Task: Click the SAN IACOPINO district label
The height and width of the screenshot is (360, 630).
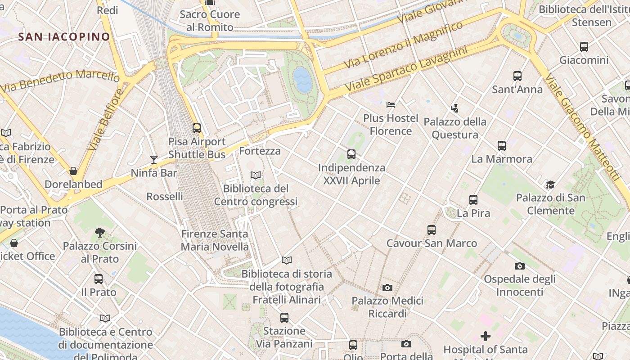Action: pos(64,36)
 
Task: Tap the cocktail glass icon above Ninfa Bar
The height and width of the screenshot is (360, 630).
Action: pos(154,159)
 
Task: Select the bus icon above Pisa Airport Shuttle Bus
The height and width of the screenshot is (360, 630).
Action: pos(197,128)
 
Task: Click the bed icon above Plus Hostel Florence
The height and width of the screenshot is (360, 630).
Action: pos(391,105)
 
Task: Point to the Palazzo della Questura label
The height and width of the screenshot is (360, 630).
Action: pos(455,128)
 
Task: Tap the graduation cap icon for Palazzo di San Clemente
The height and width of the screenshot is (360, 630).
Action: pos(550,184)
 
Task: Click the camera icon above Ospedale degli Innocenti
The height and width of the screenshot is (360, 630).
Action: pos(520,266)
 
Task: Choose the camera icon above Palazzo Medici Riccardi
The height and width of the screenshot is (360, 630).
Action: pos(387,288)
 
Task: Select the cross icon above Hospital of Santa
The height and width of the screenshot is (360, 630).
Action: pos(486,336)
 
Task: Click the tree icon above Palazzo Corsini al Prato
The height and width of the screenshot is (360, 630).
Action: pos(100,233)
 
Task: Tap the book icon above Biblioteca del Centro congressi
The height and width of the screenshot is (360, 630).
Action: pos(256,175)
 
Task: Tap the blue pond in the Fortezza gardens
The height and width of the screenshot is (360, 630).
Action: pos(302,80)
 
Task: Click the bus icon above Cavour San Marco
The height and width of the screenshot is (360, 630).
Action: pos(432,230)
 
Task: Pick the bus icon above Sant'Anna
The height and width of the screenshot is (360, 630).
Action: pos(517,76)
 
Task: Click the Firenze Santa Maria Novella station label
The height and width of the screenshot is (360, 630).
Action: pos(215,240)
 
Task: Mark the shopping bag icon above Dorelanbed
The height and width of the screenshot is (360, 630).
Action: pos(73,171)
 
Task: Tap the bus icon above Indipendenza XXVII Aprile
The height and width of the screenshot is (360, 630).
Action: pos(351,154)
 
